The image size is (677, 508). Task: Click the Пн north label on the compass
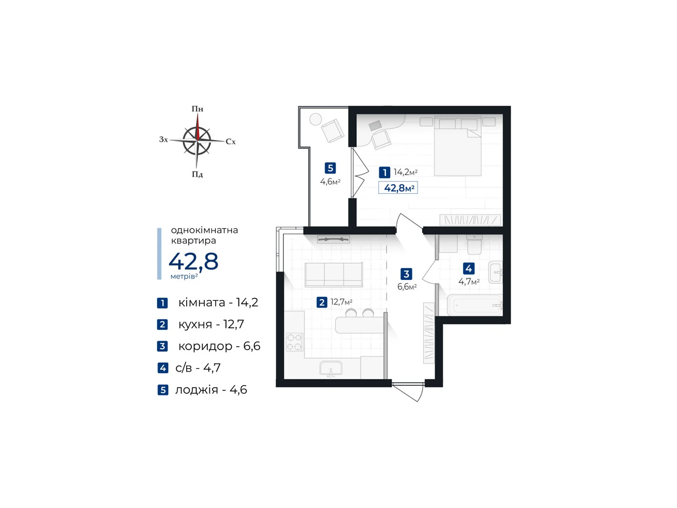(197, 109)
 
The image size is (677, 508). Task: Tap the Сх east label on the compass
(231, 141)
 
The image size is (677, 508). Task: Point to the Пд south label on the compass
(197, 174)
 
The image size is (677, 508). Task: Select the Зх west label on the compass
(163, 139)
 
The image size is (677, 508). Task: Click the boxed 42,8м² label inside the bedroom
(398, 188)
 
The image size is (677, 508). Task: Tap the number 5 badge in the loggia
(330, 168)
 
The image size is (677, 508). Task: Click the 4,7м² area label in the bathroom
(468, 282)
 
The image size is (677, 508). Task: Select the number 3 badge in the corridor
(406, 274)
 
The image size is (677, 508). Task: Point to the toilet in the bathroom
(474, 245)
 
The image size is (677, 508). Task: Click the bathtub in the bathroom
(475, 305)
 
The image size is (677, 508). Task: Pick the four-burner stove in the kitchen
(294, 342)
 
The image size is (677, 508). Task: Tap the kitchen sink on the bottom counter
(330, 369)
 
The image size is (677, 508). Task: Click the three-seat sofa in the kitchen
(334, 275)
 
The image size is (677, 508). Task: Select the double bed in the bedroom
(458, 146)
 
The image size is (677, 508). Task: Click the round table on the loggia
(316, 119)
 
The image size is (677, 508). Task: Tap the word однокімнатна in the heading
(204, 230)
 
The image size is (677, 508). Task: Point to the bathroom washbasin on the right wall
(495, 272)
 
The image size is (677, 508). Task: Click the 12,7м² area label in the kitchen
(341, 302)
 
